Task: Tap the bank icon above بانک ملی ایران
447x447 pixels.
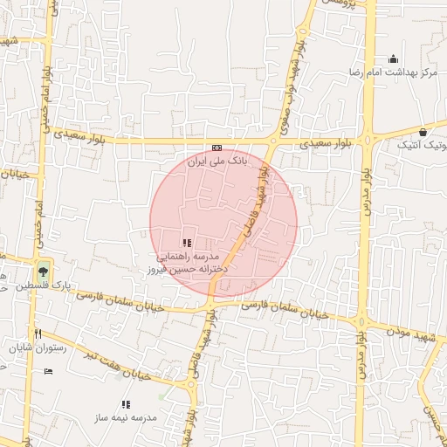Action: pyautogui.click(x=217, y=148)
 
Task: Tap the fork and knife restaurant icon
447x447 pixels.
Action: pyautogui.click(x=38, y=334)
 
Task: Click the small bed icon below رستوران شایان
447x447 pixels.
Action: pyautogui.click(x=48, y=372)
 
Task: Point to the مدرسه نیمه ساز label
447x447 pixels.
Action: pyautogui.click(x=127, y=418)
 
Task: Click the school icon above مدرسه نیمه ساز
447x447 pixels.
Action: pyautogui.click(x=127, y=404)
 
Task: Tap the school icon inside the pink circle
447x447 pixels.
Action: pyautogui.click(x=186, y=242)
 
